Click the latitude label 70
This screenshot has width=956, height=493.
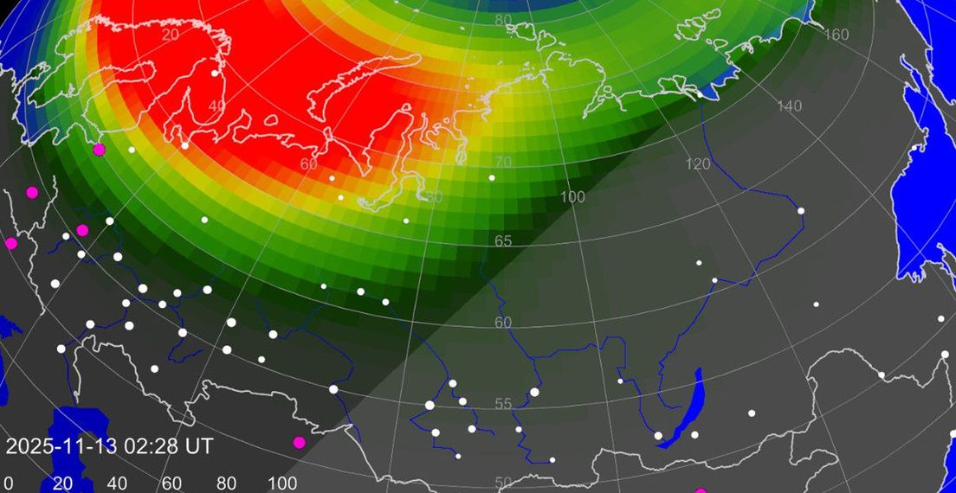coord(503,162)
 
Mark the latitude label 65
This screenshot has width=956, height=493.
coord(503,241)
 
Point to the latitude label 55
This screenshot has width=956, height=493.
coord(503,404)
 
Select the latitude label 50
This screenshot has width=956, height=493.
coord(503,483)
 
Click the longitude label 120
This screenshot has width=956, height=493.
coord(697,164)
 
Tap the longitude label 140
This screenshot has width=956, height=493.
coord(790,106)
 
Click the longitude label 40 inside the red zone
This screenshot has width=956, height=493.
coord(216,106)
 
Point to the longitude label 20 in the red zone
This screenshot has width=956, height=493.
coord(170,34)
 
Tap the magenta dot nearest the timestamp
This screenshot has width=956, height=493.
coord(300,443)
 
